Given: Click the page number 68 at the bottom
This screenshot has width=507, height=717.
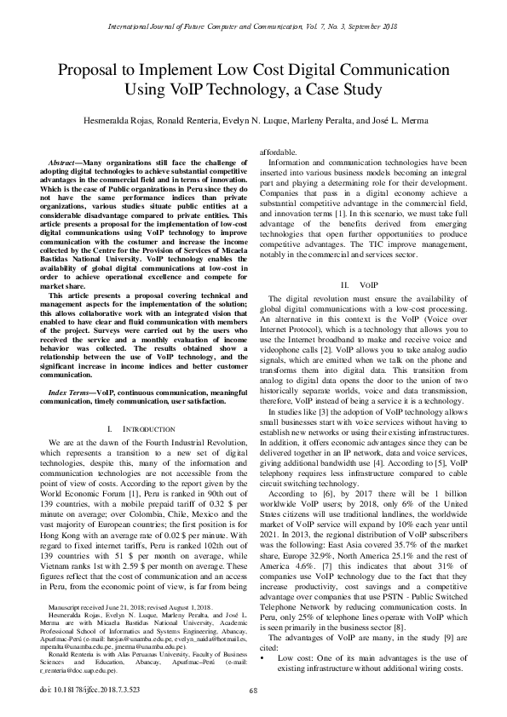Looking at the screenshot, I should point(253,691).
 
